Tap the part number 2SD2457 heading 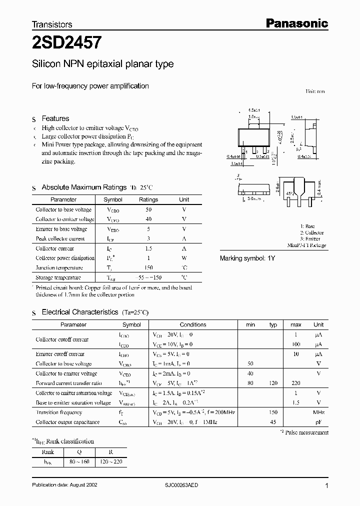pyautogui.click(x=67, y=43)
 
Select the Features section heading pyautogui.click(x=55, y=118)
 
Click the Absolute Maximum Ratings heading pyautogui.click(x=84, y=187)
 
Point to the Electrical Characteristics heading pyautogui.click(x=80, y=312)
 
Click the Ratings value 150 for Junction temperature pyautogui.click(x=148, y=267)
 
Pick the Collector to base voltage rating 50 pyautogui.click(x=148, y=209)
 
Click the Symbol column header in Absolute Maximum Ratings pyautogui.click(x=113, y=199)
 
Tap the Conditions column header pyautogui.click(x=193, y=324)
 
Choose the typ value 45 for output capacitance pyautogui.click(x=273, y=422)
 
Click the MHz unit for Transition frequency pyautogui.click(x=318, y=412)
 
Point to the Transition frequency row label pyautogui.click(x=59, y=412)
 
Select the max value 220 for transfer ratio pyautogui.click(x=296, y=383)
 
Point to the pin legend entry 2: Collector pyautogui.click(x=312, y=232)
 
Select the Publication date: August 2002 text pyautogui.click(x=64, y=485)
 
